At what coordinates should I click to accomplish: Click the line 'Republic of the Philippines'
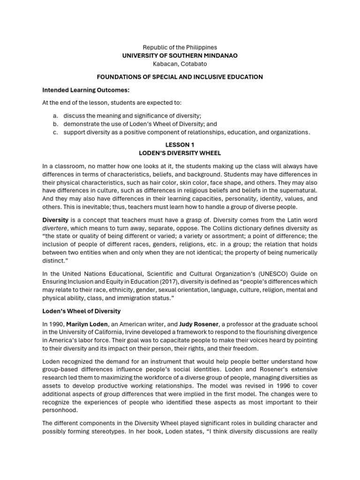point(180,47)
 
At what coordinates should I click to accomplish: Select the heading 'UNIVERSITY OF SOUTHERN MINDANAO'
point(180,55)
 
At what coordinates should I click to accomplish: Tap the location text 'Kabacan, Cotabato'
point(180,63)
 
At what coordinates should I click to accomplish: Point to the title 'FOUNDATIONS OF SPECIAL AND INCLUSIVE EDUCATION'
point(180,76)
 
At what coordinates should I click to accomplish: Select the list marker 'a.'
point(55,116)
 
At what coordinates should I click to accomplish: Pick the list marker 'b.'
point(55,124)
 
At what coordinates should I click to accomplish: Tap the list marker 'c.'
point(55,132)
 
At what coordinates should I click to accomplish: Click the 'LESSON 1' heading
point(180,145)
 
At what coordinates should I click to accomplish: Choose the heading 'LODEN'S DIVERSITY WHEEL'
point(180,153)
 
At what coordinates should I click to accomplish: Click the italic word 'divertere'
point(55,228)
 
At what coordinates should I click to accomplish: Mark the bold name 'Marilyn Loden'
point(90,324)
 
